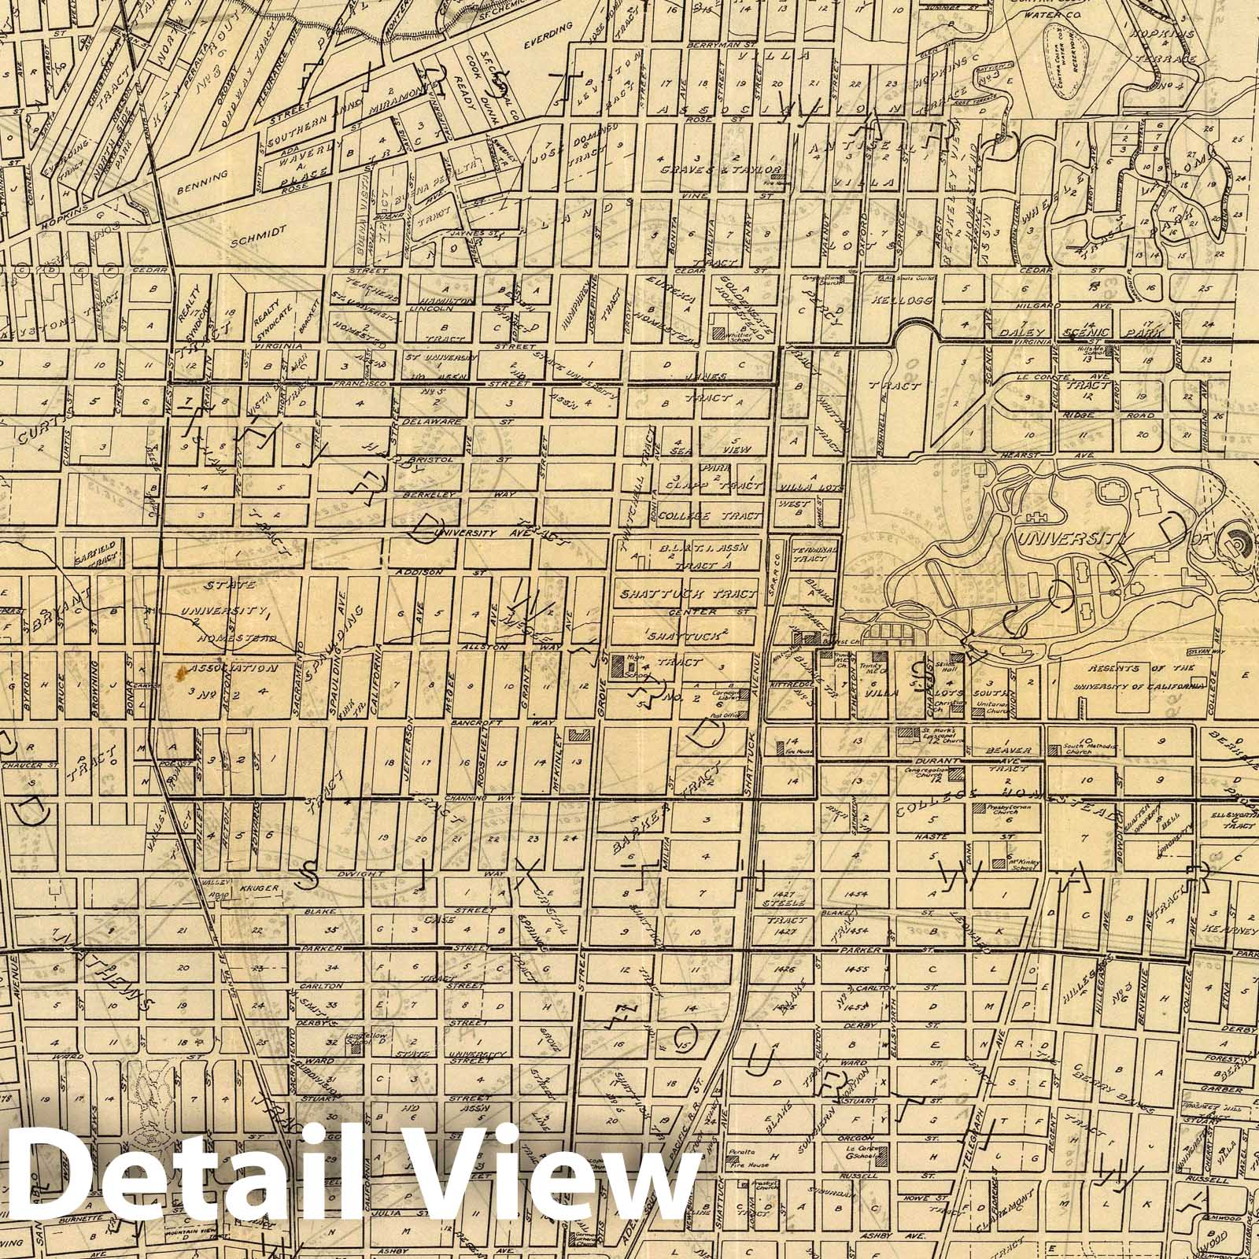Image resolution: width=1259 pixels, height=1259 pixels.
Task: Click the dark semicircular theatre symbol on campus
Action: click(1235, 542)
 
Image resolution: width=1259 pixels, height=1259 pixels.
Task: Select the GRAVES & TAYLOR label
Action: click(720, 169)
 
